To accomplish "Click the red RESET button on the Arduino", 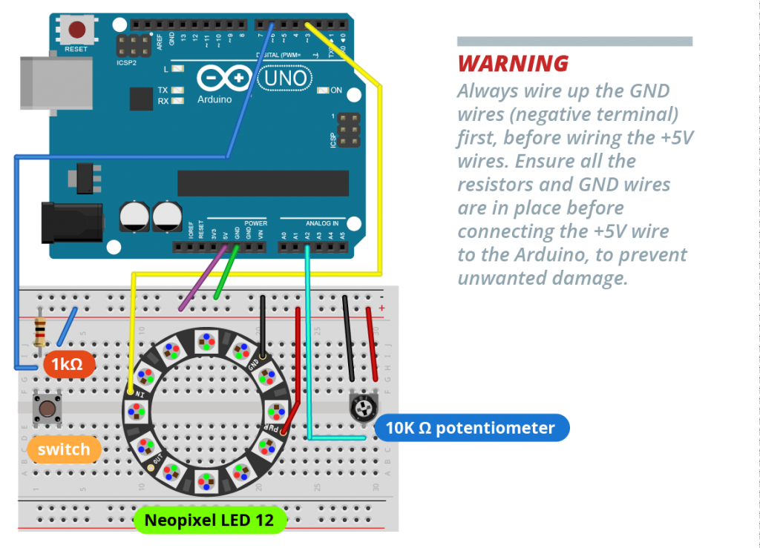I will point(76,30).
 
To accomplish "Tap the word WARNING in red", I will point(513,64).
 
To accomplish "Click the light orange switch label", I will point(64,449).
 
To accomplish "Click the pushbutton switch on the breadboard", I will point(47,409).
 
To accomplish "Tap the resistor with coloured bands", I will point(40,332).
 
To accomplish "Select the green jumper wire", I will point(226,272).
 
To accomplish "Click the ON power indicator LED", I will point(323,90).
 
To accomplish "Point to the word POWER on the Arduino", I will point(255,222).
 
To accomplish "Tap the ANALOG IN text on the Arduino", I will point(321,222).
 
